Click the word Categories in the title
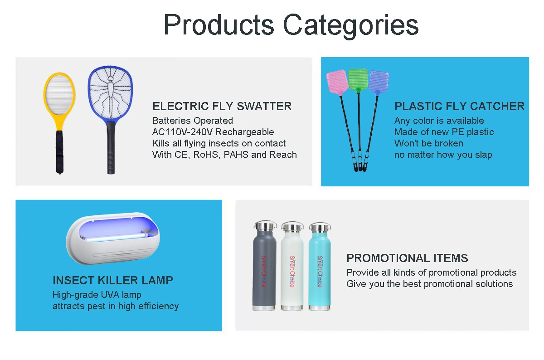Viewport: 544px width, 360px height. point(351,25)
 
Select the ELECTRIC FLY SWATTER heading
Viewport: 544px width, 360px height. point(222,107)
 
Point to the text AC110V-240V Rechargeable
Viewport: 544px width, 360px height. point(213,132)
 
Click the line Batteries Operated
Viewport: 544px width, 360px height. point(193,121)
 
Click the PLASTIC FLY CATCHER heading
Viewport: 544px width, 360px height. point(459,107)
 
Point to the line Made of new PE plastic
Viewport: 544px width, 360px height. point(444,132)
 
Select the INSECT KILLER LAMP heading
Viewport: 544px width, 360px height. point(113,280)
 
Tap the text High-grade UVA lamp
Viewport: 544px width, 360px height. point(97,295)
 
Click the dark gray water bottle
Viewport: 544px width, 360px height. point(264,266)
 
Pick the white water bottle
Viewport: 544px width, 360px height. point(292,266)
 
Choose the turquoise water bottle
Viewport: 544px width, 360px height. point(320,266)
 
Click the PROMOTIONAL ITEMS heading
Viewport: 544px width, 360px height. point(407,258)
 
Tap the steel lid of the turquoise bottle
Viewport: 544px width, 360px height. point(320,227)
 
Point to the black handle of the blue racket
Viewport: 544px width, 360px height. point(111,148)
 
